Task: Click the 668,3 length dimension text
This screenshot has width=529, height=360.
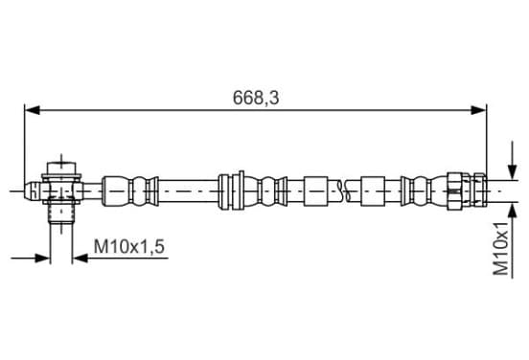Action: (x=256, y=98)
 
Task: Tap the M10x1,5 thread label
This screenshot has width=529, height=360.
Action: (x=129, y=246)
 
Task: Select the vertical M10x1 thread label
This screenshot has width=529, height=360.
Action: (x=501, y=248)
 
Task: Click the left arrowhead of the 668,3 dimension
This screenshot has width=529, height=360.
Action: (x=33, y=110)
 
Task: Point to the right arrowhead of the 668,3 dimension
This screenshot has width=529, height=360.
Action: (x=478, y=110)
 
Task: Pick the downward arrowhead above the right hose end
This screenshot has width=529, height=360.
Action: (x=513, y=171)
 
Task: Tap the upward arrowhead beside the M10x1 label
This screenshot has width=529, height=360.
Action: (x=513, y=211)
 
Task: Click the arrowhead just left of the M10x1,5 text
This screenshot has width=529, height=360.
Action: (x=80, y=259)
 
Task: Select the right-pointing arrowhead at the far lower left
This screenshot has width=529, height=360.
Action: (x=42, y=259)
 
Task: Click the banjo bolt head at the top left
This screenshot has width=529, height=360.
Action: (x=61, y=168)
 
